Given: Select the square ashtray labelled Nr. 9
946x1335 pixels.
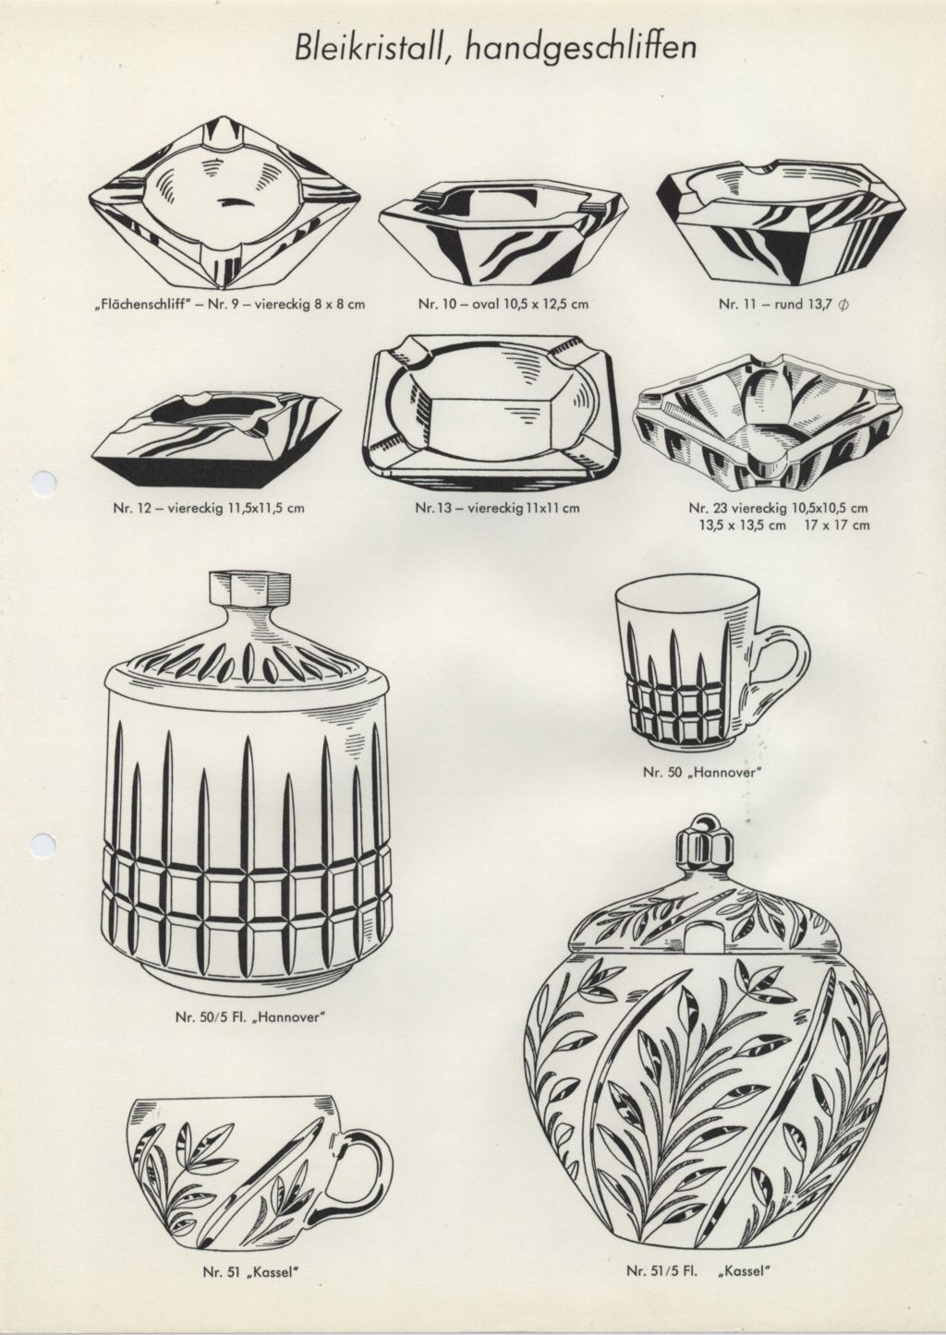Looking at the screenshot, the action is tap(225, 201).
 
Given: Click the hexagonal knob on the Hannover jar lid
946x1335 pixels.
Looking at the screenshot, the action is tap(249, 589).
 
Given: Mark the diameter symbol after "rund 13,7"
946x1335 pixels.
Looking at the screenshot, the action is tap(843, 305).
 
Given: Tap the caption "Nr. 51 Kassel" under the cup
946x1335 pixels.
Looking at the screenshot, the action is tap(250, 1283).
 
